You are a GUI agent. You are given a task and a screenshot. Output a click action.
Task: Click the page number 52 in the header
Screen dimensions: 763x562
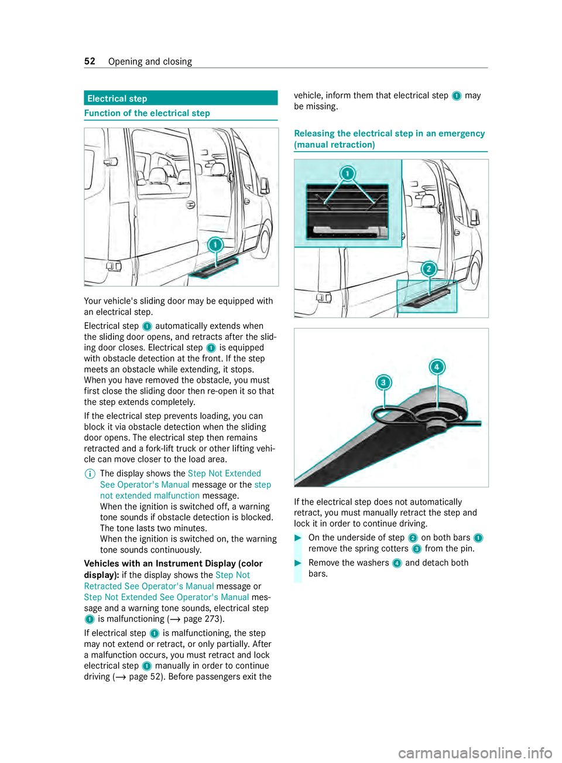(90, 62)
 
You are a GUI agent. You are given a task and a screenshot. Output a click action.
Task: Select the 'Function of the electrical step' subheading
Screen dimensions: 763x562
(147, 113)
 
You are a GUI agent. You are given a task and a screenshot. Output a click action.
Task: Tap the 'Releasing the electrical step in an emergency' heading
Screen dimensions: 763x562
(389, 134)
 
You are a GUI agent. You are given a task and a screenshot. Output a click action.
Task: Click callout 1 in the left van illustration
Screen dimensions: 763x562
(215, 245)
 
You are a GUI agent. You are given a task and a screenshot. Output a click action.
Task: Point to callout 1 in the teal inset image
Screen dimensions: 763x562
(348, 174)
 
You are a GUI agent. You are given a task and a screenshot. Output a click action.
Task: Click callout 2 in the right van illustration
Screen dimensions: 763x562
(429, 269)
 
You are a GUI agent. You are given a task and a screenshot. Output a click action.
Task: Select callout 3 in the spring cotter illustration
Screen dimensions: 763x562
(383, 383)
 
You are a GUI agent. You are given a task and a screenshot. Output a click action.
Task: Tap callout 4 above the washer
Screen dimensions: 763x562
(437, 367)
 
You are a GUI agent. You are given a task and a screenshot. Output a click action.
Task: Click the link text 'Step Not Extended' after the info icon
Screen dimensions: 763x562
(224, 474)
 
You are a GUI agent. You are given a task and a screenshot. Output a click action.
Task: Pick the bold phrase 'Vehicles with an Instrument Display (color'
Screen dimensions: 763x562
(173, 564)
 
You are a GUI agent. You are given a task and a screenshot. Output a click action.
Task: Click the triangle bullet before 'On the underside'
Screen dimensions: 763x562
(298, 538)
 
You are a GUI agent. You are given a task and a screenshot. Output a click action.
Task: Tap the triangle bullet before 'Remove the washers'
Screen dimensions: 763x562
(298, 563)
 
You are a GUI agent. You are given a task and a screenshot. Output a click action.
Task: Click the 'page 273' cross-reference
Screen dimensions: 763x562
(201, 619)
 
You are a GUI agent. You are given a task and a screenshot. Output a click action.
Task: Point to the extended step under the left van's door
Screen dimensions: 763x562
(213, 267)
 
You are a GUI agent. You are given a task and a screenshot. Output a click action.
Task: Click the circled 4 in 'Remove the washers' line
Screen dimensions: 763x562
(397, 563)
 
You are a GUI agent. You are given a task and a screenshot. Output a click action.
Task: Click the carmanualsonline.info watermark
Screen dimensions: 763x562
(475, 752)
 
